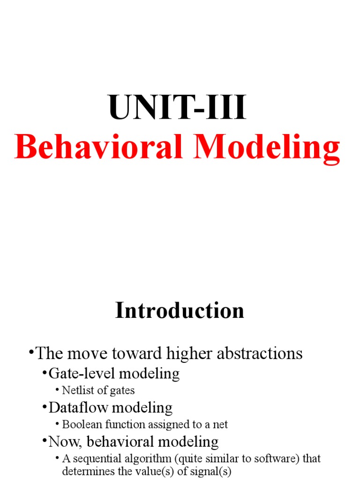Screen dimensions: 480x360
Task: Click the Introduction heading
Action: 180,311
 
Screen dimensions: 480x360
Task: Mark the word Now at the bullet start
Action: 60,442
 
